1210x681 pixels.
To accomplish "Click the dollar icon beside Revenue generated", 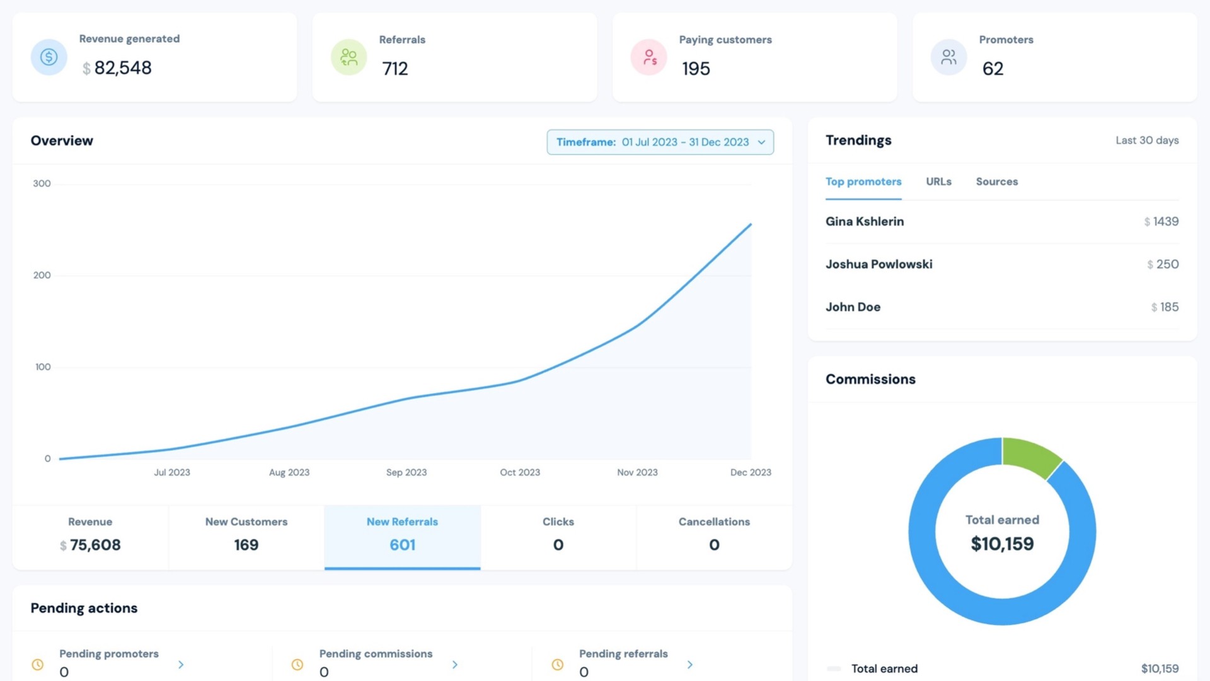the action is tap(49, 57).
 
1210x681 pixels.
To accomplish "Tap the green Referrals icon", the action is tap(349, 57).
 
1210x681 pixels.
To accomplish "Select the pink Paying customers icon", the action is tap(649, 57).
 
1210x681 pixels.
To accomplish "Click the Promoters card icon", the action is tap(949, 57).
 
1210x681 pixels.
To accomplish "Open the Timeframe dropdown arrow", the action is tap(761, 143).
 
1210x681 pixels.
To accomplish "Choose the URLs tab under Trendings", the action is tap(938, 182).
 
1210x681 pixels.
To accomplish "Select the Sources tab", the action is tap(997, 182).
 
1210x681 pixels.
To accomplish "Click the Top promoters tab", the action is tap(863, 182).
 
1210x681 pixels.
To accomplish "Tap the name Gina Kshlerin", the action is tap(865, 221).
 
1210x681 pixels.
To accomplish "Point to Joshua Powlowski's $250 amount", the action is tap(1163, 264).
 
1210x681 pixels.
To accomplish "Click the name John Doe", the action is tap(853, 307).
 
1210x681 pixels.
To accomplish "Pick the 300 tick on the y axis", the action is tap(42, 183).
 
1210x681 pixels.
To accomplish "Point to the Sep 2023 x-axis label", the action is tap(406, 472).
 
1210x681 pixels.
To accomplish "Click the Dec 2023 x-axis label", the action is tap(751, 472).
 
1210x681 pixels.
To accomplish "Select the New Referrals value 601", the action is tap(403, 545).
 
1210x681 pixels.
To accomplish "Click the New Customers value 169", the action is tap(246, 545).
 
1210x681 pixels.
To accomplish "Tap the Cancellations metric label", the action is tap(714, 522).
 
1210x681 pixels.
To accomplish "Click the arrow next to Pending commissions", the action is tap(455, 665).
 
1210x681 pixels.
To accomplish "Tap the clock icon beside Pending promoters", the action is tap(38, 665).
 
